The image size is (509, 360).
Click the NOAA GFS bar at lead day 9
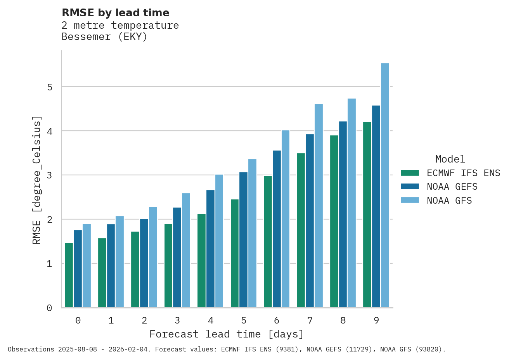pyautogui.click(x=385, y=185)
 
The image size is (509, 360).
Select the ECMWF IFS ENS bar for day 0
pyautogui.click(x=69, y=275)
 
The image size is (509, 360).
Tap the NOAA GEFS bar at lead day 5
pyautogui.click(x=243, y=240)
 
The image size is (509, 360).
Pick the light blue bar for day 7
pyautogui.click(x=319, y=206)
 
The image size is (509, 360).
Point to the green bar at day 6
pyautogui.click(x=268, y=241)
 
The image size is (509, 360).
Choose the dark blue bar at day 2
pyautogui.click(x=144, y=263)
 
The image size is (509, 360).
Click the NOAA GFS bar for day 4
pyautogui.click(x=219, y=241)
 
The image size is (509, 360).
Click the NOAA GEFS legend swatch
pyautogui.click(x=410, y=187)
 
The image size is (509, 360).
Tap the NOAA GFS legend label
pyautogui.click(x=449, y=201)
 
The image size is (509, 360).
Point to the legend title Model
pyautogui.click(x=450, y=159)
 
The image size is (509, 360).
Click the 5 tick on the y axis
pyautogui.click(x=50, y=87)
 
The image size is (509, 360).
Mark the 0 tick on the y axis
pyautogui.click(x=50, y=308)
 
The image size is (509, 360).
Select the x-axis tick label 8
pyautogui.click(x=343, y=320)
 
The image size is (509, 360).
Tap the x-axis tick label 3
pyautogui.click(x=177, y=320)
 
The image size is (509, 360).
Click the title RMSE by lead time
pyautogui.click(x=116, y=13)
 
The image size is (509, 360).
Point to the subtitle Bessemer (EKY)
pyautogui.click(x=104, y=37)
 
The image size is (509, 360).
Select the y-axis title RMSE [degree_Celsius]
pyautogui.click(x=36, y=180)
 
